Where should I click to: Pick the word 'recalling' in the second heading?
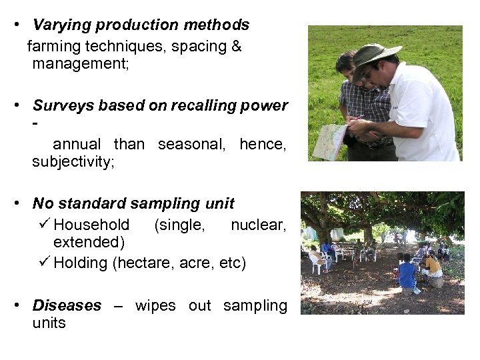[203, 105]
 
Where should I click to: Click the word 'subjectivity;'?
[73, 162]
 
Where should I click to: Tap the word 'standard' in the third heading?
[93, 202]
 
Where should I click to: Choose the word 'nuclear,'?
[258, 225]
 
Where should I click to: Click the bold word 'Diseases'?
[67, 305]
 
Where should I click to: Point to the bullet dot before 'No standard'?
[23, 202]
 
